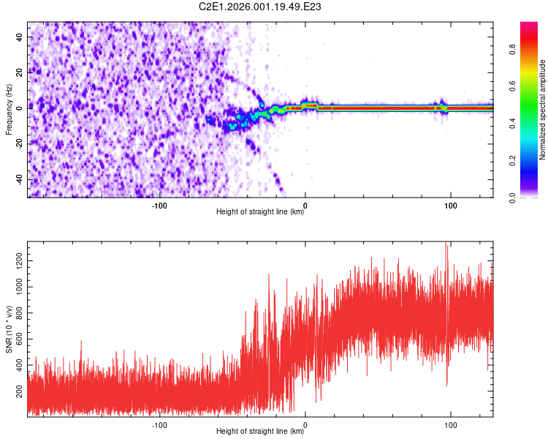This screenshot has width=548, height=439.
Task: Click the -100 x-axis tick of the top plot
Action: coord(159,206)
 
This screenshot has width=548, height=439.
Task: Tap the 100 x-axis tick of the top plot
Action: coord(451,206)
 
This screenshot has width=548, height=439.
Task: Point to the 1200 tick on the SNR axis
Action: coord(18,260)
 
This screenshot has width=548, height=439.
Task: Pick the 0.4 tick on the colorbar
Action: coord(512,123)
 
